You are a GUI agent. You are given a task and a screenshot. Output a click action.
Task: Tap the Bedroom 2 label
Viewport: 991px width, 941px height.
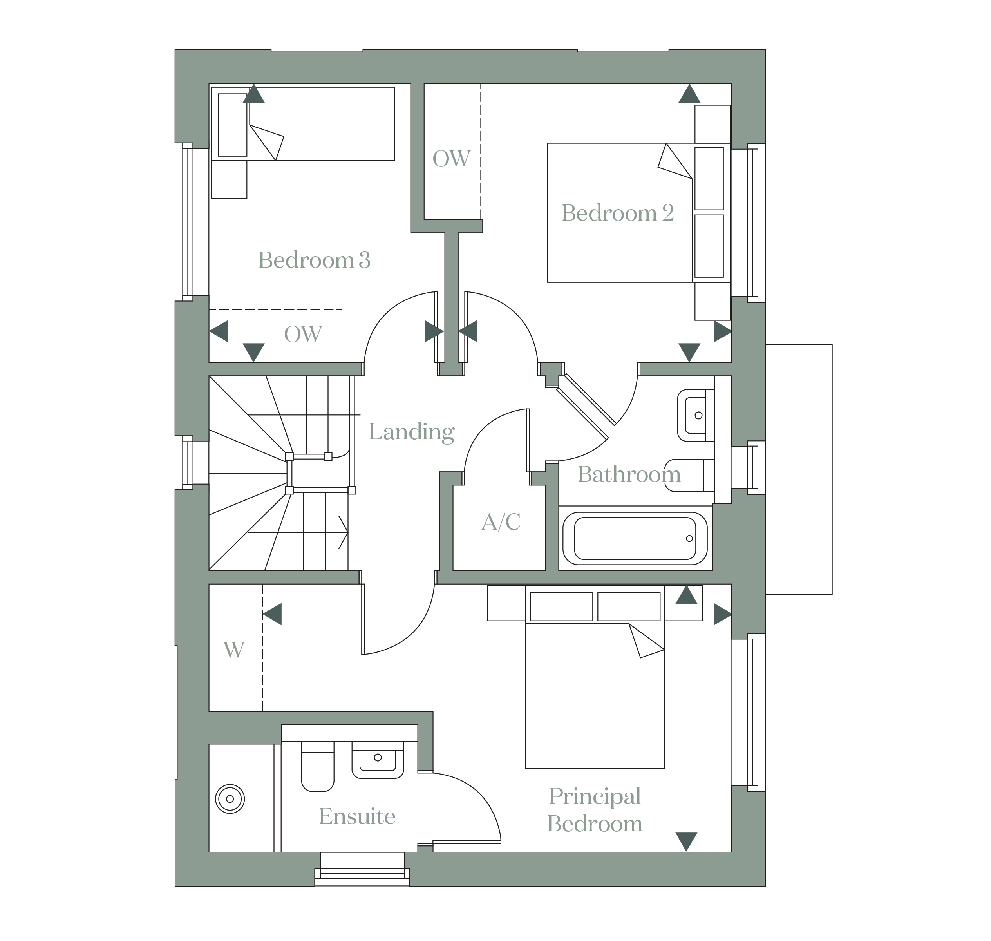(617, 213)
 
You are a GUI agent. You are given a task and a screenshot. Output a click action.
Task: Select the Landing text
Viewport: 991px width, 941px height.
(411, 432)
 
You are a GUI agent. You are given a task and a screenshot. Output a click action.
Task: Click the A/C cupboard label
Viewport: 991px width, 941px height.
(501, 522)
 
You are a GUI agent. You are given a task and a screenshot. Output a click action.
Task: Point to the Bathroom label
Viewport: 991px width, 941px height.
(629, 474)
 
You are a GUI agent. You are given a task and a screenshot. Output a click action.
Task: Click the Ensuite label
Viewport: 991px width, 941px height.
(357, 816)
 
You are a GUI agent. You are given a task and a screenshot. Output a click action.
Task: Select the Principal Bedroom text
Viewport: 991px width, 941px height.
(595, 811)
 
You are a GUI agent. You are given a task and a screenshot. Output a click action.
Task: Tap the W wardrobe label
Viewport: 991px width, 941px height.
(234, 650)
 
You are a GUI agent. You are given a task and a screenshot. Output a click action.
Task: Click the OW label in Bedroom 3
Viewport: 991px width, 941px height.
(302, 335)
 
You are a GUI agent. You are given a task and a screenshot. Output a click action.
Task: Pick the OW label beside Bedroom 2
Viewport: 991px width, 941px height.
(451, 159)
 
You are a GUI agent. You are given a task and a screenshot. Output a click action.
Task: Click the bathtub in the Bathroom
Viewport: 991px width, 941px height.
(635, 538)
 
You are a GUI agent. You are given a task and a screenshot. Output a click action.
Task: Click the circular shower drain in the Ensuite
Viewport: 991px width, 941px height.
(230, 798)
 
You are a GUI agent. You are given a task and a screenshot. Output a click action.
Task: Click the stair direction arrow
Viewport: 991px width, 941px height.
(343, 532)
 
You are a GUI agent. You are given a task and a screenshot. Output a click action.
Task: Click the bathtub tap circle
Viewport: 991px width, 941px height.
(689, 538)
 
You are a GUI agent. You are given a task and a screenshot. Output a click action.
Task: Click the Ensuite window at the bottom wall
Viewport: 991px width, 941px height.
(362, 873)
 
